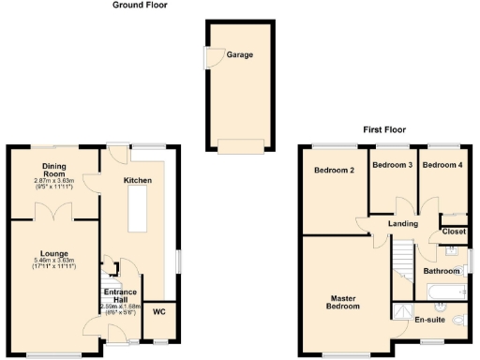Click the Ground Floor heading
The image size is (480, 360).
[140, 6]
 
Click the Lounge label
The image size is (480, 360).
[53, 253]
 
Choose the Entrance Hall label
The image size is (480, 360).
[119, 297]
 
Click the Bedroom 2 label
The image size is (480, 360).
[334, 171]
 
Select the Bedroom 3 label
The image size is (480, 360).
[392, 165]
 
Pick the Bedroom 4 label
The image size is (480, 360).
[442, 165]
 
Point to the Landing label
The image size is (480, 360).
[403, 224]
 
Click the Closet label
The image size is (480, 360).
[454, 232]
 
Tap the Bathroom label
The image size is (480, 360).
[441, 272]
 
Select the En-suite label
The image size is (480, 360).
[429, 319]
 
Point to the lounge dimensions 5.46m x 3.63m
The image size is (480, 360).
[53, 263]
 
